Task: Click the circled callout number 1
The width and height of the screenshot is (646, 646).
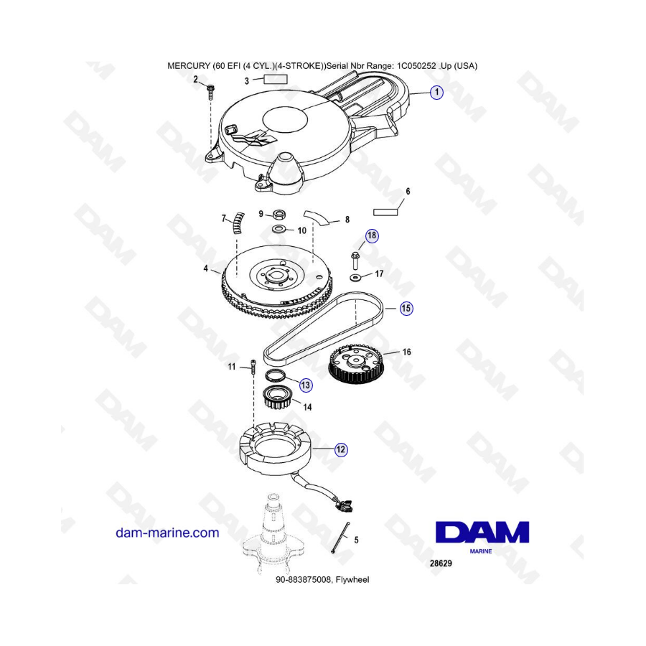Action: tap(436, 93)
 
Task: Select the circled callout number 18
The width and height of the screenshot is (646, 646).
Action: tap(372, 235)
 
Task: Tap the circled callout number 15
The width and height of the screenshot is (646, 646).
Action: tap(406, 308)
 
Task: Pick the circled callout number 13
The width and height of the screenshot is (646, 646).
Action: tap(305, 385)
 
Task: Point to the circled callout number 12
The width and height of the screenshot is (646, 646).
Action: tap(341, 449)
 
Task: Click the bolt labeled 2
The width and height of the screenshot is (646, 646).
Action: tap(211, 93)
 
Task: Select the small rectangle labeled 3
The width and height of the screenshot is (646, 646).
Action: tap(276, 79)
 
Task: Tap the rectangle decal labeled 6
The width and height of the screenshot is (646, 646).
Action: tap(385, 212)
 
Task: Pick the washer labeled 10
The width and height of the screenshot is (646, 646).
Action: tap(280, 229)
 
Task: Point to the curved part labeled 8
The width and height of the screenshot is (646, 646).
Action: tap(317, 217)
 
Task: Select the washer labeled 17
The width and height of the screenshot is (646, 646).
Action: tap(355, 278)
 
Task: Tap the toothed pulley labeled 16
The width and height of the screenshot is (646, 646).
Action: tap(357, 365)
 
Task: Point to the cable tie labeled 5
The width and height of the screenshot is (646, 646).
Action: tap(340, 538)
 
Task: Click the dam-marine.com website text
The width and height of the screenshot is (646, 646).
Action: tap(167, 533)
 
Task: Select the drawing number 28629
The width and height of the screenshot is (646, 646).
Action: tap(441, 563)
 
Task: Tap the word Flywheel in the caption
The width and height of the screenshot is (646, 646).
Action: tap(352, 580)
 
